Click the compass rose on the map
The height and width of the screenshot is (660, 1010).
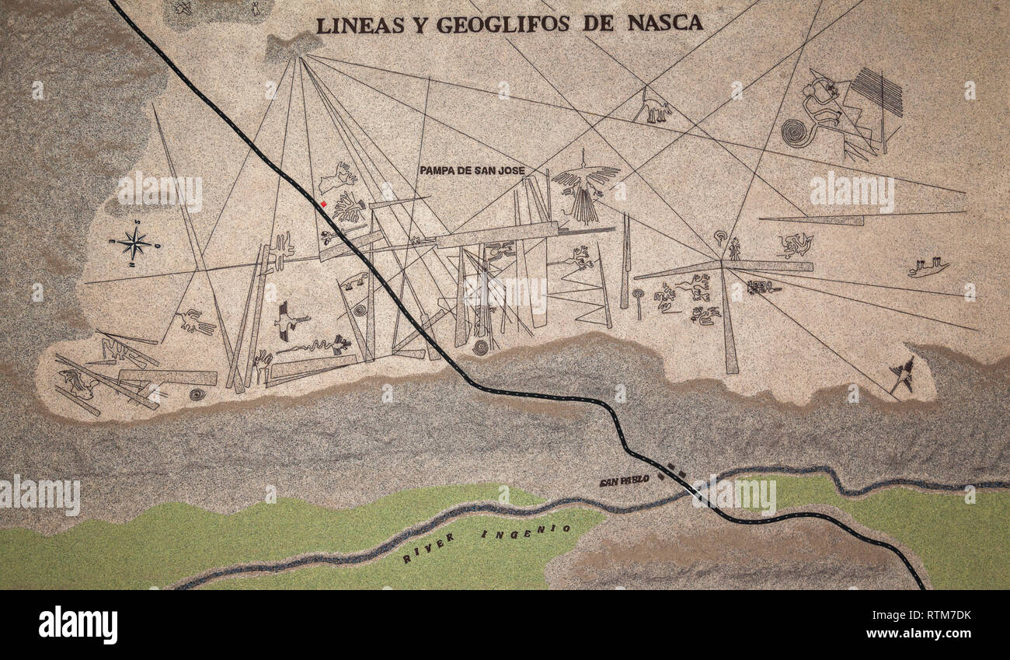click(x=135, y=244)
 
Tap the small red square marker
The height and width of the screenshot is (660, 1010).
click(x=323, y=204)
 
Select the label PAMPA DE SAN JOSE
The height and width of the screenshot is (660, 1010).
click(x=472, y=170)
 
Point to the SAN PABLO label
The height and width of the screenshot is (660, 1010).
click(x=624, y=480)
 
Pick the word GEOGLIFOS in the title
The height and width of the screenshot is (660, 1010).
click(x=502, y=24)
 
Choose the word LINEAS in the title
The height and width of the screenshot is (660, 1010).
click(x=360, y=25)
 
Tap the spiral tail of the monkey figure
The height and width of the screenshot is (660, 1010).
click(x=794, y=133)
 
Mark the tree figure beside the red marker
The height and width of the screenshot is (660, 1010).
click(x=349, y=208)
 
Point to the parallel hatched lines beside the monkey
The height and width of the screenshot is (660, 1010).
click(x=877, y=91)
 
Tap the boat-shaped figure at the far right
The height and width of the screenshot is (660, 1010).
click(x=928, y=267)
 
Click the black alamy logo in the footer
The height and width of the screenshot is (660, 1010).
click(x=78, y=624)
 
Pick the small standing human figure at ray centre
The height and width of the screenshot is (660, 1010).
click(x=733, y=249)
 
